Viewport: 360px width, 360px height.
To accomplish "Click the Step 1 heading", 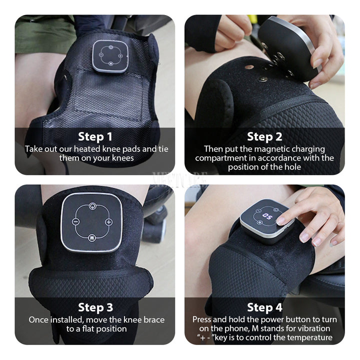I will pos(94,136).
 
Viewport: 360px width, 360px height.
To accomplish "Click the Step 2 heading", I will pos(264,136).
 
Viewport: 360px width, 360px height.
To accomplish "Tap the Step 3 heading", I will pos(94,307).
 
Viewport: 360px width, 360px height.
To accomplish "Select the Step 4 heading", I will pos(264,307).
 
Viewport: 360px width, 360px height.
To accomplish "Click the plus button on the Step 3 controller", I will pos(109,222).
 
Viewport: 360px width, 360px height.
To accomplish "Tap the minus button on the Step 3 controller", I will pos(76,221).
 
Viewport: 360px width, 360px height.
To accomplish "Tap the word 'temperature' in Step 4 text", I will pos(310,337).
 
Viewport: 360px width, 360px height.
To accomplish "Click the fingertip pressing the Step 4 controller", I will pos(281,220).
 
